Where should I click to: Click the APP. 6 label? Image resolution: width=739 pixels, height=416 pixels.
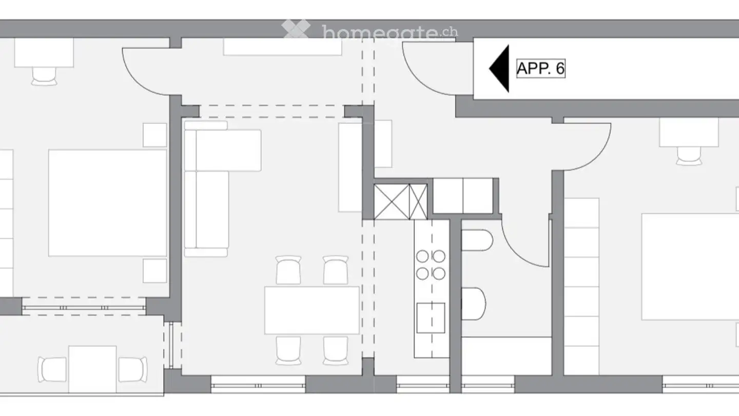click(540, 68)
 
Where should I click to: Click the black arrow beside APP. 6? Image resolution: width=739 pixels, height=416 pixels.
click(500, 68)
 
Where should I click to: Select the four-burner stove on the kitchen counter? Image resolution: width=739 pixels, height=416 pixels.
click(431, 264)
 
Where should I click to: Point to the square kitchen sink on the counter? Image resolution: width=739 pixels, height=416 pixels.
click(431, 317)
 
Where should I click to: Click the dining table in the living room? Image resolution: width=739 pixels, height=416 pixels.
click(312, 310)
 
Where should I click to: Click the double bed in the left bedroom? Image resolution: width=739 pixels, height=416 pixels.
click(108, 202)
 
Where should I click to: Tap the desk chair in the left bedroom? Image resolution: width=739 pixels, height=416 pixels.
click(44, 76)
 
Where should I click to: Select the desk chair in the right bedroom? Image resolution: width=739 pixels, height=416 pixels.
click(689, 156)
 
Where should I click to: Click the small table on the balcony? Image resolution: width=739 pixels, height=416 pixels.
click(92, 369)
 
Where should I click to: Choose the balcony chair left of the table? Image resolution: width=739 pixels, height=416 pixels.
click(52, 369)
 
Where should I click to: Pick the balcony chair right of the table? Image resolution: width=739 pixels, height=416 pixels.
click(133, 369)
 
